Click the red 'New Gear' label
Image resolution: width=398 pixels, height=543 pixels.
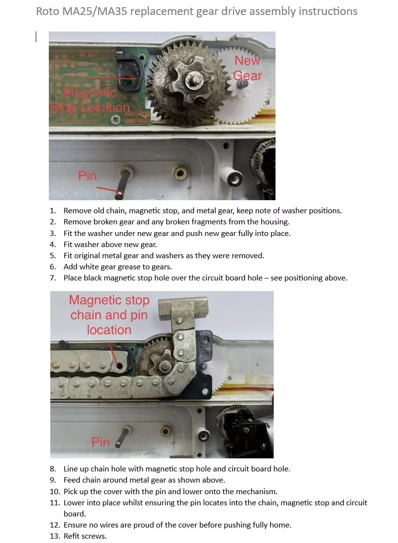247,68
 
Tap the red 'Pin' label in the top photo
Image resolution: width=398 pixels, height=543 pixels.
88,176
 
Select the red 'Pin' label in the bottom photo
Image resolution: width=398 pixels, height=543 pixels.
101,442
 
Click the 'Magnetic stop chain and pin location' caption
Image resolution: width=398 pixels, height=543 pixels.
109,315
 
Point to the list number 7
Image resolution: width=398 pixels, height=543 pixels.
53,278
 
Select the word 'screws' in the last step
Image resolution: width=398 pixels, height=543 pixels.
94,536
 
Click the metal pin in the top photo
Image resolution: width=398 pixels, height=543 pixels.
122,184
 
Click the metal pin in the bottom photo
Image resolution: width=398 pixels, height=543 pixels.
121,437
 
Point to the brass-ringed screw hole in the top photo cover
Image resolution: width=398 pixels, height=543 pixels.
180,173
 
